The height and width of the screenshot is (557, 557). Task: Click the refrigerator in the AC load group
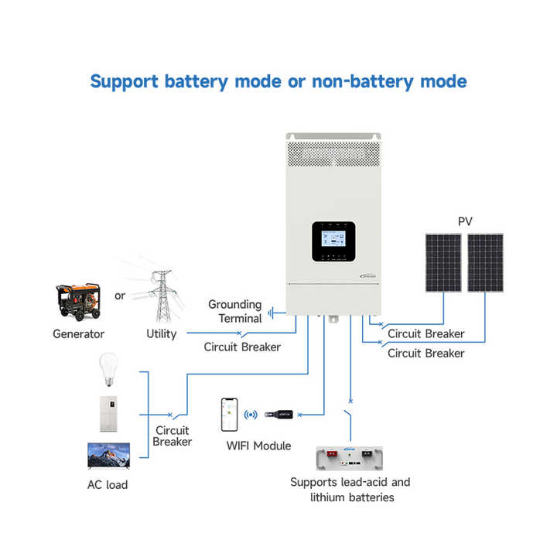coord(108,415)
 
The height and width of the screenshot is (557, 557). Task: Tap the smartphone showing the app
coord(229,415)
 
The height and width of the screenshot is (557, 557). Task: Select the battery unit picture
coord(349,458)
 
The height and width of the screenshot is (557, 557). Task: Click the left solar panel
coord(444,263)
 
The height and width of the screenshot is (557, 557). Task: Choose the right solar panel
coord(485,263)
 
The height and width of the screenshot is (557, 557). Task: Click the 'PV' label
coord(464,221)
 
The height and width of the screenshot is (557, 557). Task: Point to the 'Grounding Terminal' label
coord(235,311)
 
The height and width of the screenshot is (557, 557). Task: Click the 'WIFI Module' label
coord(258,446)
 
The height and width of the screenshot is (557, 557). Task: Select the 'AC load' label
coord(108,484)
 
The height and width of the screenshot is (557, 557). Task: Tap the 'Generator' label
coord(78,334)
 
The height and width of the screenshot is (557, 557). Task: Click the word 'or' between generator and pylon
coord(120,296)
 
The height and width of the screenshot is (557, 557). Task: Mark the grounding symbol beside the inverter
coord(272,313)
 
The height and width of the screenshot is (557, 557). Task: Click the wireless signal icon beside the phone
coord(251,415)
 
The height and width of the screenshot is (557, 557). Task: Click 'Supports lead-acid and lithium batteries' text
coord(350,490)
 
